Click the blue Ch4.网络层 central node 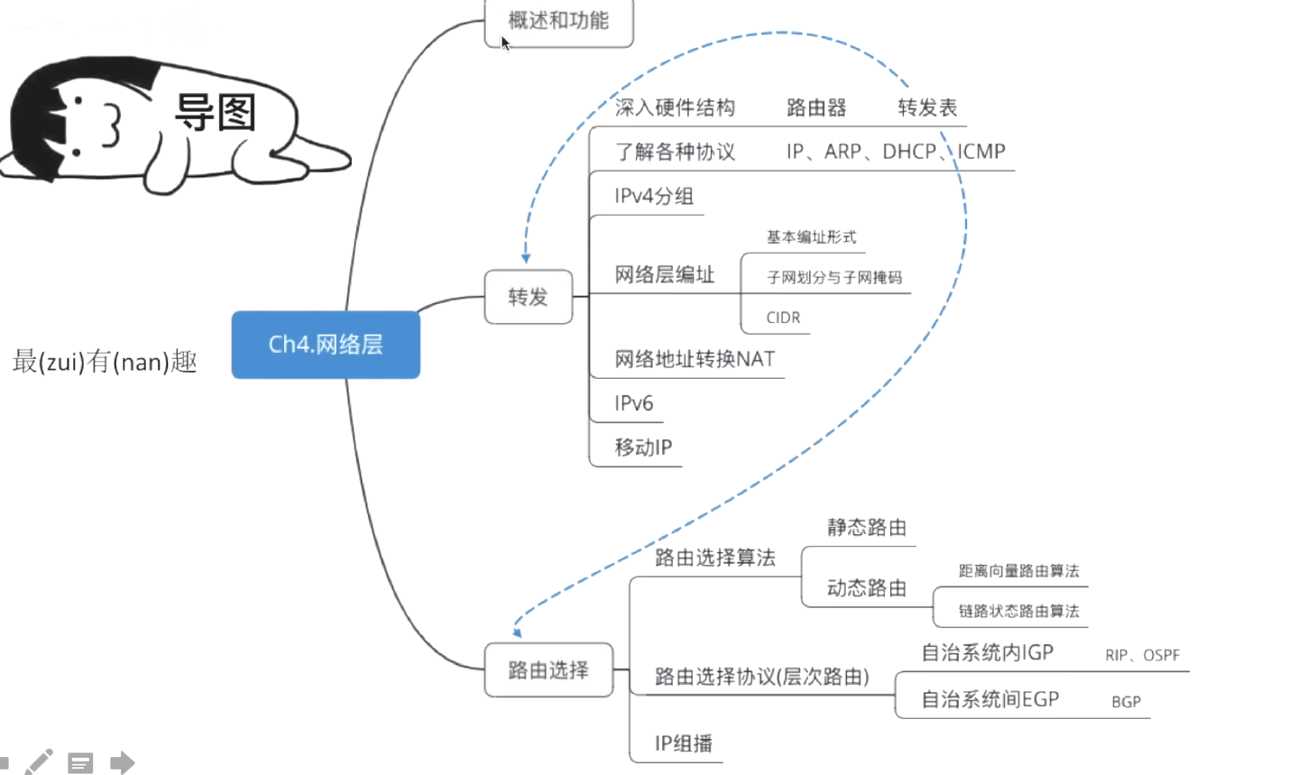326,345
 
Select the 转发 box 529,297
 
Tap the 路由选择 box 548,670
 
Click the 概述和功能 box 558,22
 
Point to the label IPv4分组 654,196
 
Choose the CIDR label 783,318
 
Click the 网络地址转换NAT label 695,359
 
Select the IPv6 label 633,403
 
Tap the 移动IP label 643,447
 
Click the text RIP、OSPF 1142,655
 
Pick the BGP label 1126,702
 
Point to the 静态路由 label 866,528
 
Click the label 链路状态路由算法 1018,611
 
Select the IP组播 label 683,743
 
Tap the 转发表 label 927,108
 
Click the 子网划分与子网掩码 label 833,278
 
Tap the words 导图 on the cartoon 215,114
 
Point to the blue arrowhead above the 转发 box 526,259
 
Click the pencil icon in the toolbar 39,762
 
